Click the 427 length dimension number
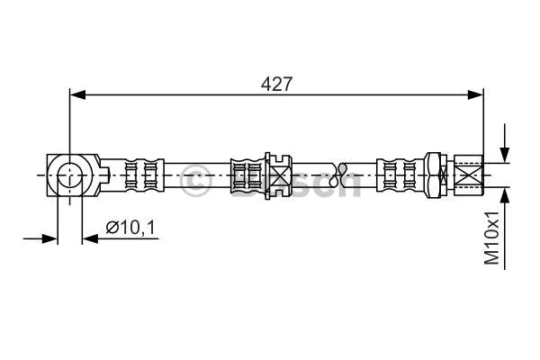click(276, 84)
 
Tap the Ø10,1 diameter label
click(130, 228)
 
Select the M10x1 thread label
click(491, 238)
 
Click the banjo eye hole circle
click(69, 175)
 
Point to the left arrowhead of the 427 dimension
click(77, 94)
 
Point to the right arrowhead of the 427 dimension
click(475, 94)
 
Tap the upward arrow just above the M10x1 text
click(505, 228)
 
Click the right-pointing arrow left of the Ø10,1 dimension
click(40, 238)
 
